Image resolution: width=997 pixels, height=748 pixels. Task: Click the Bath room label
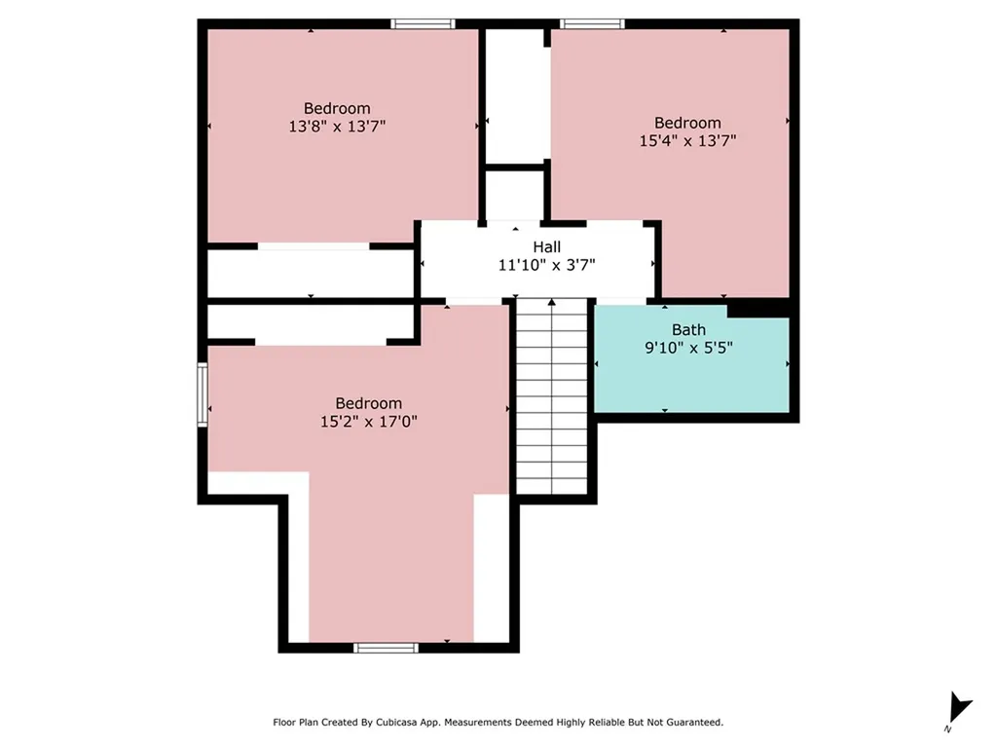(x=688, y=330)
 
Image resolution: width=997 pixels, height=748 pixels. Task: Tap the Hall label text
(x=546, y=247)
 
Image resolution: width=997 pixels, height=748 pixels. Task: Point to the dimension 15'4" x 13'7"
(x=687, y=140)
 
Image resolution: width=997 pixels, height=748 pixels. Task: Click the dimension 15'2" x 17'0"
(x=368, y=421)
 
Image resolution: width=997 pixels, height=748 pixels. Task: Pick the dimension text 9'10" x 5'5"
(x=687, y=347)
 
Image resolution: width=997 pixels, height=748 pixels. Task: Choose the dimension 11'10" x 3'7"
(x=546, y=264)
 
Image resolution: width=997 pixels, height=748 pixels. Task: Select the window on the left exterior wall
(x=203, y=393)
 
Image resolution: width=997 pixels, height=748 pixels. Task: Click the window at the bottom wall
(x=387, y=647)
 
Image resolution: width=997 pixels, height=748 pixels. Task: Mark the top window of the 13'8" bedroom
(x=423, y=23)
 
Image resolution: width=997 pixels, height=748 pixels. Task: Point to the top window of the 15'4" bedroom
(x=593, y=23)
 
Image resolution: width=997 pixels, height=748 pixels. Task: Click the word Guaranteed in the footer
(x=689, y=723)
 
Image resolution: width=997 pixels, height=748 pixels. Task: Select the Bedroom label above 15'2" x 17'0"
(x=368, y=403)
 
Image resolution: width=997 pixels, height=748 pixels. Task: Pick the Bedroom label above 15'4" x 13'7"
(x=687, y=123)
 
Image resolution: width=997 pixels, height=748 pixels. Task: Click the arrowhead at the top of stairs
(x=552, y=303)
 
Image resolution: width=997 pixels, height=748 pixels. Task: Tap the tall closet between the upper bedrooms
(x=516, y=95)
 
